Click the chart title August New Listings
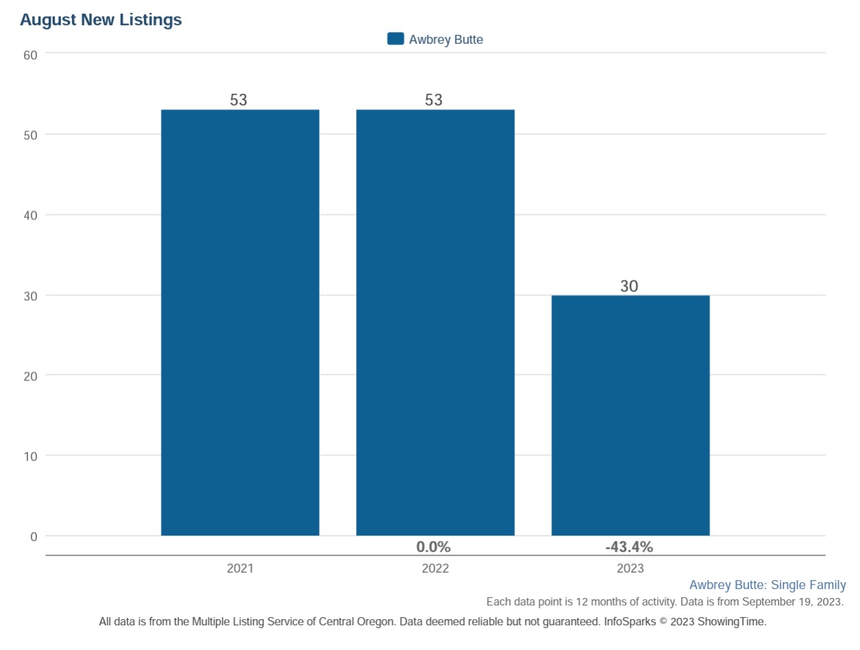[101, 20]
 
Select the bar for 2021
[240, 322]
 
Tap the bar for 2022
[435, 322]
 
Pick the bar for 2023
[630, 415]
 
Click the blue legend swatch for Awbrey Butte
[396, 39]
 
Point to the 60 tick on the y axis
[30, 53]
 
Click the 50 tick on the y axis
[30, 134]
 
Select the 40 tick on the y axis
[30, 215]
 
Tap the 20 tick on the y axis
[30, 376]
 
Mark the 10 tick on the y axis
[30, 456]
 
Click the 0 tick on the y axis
[33, 536]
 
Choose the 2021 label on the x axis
[240, 569]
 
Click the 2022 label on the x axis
[435, 569]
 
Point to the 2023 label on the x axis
[630, 569]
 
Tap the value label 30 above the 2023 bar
[629, 287]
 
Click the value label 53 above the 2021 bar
[238, 100]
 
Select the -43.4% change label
[629, 547]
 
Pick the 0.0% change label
[433, 547]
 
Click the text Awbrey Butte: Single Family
[767, 585]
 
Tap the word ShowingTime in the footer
[735, 622]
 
